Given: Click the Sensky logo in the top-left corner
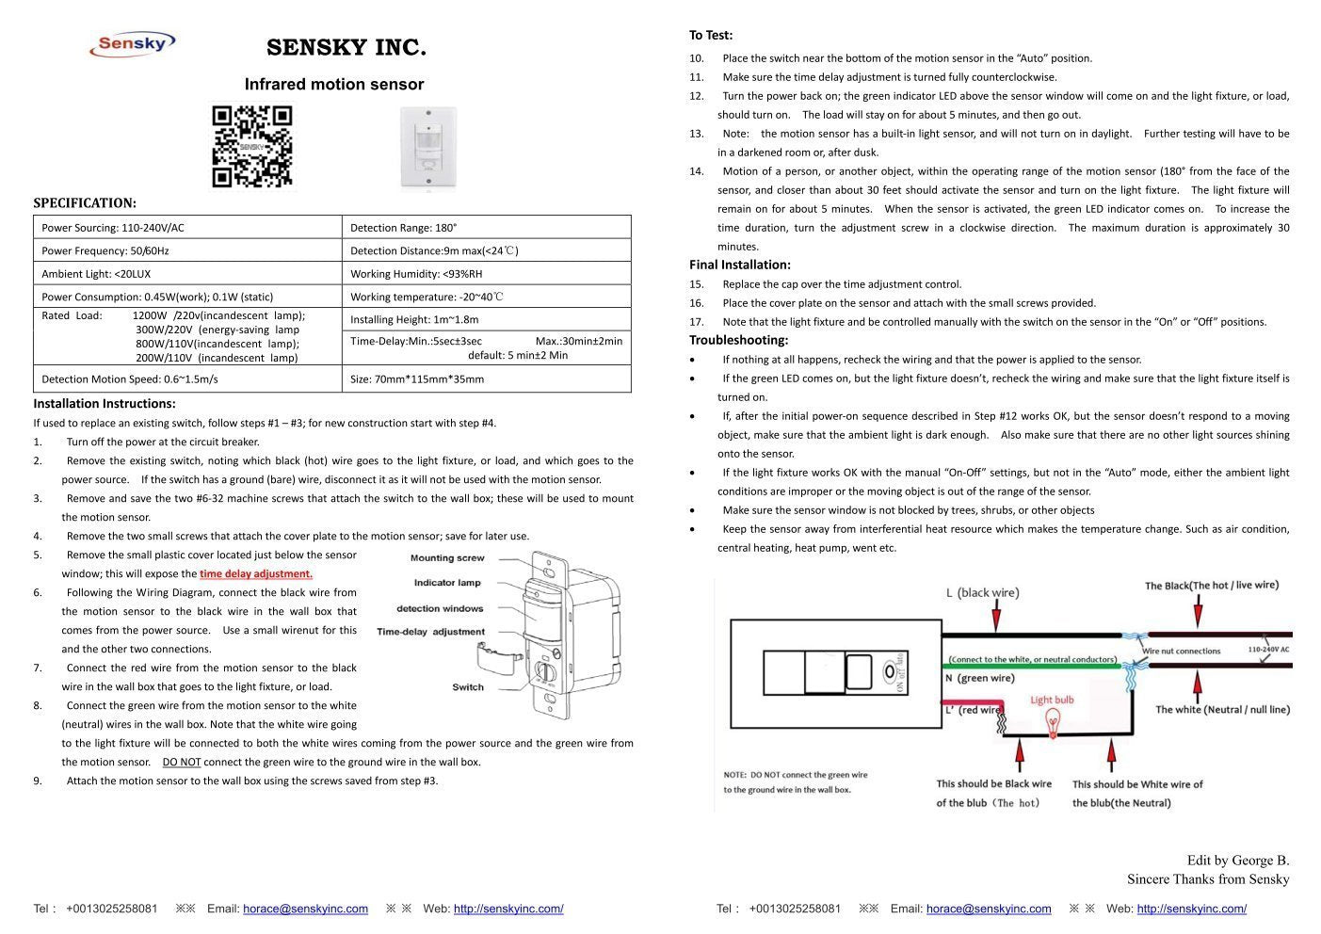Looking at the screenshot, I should pos(132,43).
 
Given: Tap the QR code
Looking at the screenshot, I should pos(251,147).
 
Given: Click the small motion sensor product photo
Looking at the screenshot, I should pos(428,146).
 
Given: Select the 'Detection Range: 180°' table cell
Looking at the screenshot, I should pos(485,228).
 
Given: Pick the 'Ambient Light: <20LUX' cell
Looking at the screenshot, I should pos(187,274).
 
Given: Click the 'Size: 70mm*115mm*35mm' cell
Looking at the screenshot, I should pos(485,379).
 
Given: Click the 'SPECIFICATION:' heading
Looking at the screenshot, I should pos(85,203).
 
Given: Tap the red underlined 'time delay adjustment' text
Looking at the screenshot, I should pos(255,574).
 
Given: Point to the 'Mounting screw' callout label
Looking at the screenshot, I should pos(447,558).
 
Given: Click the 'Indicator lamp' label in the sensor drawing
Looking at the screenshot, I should pos(447,584).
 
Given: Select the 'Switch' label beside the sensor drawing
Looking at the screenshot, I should pos(468,687).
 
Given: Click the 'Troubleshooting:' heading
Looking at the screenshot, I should pos(738,340).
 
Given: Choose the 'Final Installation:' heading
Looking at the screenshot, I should pos(740,265).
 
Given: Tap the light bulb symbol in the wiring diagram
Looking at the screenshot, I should pos(1052,723).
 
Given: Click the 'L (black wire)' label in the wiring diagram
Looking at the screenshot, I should pos(982,593).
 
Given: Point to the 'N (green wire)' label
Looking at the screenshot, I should pos(979,678).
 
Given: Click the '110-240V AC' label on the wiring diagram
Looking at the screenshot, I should pos(1268,650).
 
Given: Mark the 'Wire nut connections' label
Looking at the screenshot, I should pos(1181,651).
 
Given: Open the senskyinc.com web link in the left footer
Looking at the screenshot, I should pos(508,910).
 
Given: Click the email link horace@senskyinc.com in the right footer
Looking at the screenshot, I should pos(989,910).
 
